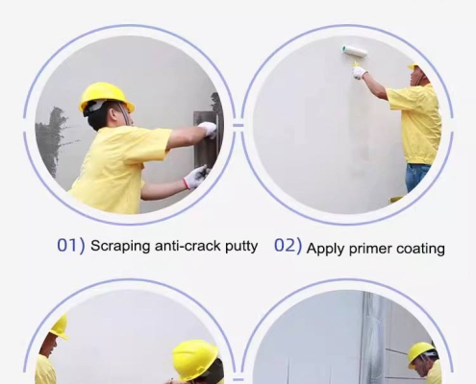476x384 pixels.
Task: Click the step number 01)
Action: tap(70, 246)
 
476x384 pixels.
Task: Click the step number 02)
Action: tap(288, 246)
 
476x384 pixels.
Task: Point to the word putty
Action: tap(241, 247)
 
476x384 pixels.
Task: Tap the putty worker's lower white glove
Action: tap(195, 177)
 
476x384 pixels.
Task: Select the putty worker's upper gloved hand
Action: tap(207, 129)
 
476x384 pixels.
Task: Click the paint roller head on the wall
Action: tap(354, 51)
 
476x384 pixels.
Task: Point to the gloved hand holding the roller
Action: tap(360, 71)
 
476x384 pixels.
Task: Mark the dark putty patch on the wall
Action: tap(56, 141)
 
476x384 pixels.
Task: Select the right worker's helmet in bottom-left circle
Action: tap(194, 359)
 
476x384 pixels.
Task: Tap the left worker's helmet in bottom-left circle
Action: tap(58, 327)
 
